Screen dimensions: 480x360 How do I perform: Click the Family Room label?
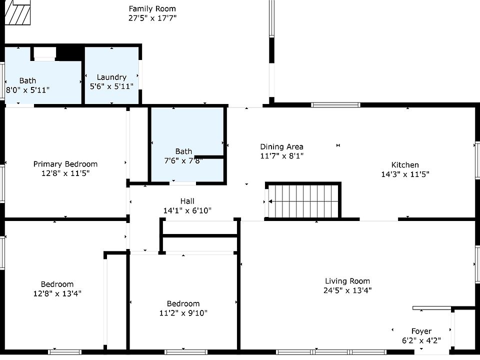pyautogui.click(x=152, y=9)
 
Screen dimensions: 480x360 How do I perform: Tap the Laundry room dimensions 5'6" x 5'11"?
pyautogui.click(x=111, y=86)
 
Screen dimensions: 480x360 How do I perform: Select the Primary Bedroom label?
pyautogui.click(x=65, y=164)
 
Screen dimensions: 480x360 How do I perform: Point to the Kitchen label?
pyautogui.click(x=405, y=165)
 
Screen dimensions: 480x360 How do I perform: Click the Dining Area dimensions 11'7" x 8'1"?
pyautogui.click(x=281, y=156)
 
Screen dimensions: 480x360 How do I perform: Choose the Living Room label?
pyautogui.click(x=347, y=281)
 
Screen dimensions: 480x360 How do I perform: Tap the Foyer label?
pyautogui.click(x=421, y=331)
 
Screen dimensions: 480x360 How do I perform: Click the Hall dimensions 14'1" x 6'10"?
pyautogui.click(x=187, y=210)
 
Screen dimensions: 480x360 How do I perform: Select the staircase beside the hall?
pyautogui.click(x=303, y=200)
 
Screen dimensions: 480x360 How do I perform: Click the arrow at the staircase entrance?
pyautogui.click(x=270, y=201)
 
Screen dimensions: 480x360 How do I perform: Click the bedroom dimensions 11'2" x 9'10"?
pyautogui.click(x=183, y=313)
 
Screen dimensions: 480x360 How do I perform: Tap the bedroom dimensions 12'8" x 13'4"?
pyautogui.click(x=57, y=293)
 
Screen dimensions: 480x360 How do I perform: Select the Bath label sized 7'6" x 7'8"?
pyautogui.click(x=183, y=151)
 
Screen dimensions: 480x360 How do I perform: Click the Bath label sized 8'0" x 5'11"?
pyautogui.click(x=27, y=81)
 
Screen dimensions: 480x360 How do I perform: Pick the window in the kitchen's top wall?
pyautogui.click(x=335, y=105)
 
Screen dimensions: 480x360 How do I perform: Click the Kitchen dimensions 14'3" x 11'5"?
pyautogui.click(x=405, y=174)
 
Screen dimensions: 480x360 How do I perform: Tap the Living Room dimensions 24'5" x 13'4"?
pyautogui.click(x=347, y=290)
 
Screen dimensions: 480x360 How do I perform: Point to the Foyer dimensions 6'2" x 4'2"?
pyautogui.click(x=421, y=340)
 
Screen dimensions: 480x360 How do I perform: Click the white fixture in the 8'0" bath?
pyautogui.click(x=44, y=54)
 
